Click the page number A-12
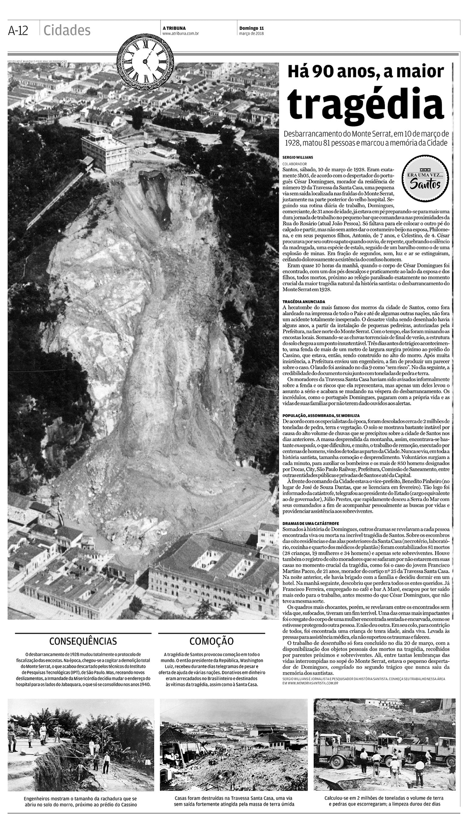coord(18,30)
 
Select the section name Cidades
coord(67,30)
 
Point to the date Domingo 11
coord(251,28)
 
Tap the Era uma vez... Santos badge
coord(422,178)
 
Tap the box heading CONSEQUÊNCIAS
coord(83,641)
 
